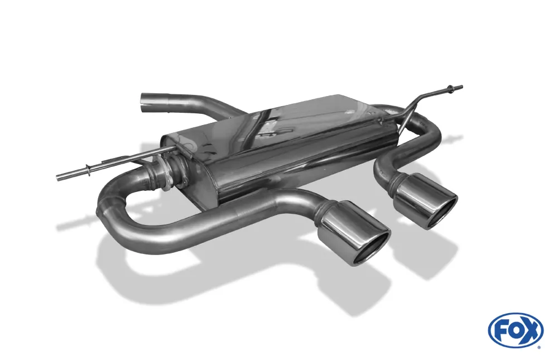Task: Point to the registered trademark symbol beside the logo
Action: pos(538,347)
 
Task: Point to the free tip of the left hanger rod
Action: pos(59,178)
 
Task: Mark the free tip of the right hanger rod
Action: pos(460,87)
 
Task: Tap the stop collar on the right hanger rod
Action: pos(449,90)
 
